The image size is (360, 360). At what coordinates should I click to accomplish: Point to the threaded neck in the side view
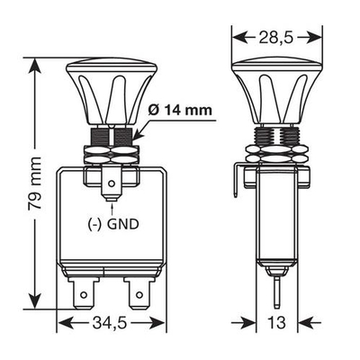click(274, 139)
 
